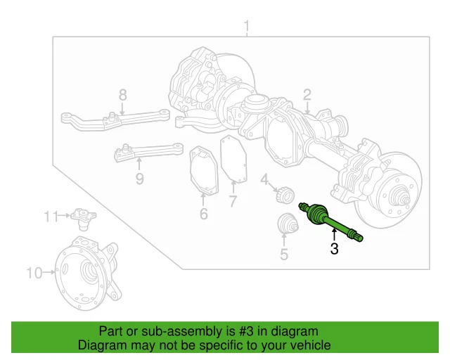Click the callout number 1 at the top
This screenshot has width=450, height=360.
coord(247,27)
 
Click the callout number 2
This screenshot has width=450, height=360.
coord(307,95)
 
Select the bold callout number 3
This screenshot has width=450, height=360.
coord(334,248)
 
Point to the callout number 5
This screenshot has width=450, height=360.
coord(284,255)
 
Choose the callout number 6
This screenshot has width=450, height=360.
coord(203,214)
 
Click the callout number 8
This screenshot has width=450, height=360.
coord(122,95)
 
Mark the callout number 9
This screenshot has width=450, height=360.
coord(139,179)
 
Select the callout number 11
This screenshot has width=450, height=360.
coord(48,217)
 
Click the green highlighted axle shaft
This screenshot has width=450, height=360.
coord(330,223)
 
